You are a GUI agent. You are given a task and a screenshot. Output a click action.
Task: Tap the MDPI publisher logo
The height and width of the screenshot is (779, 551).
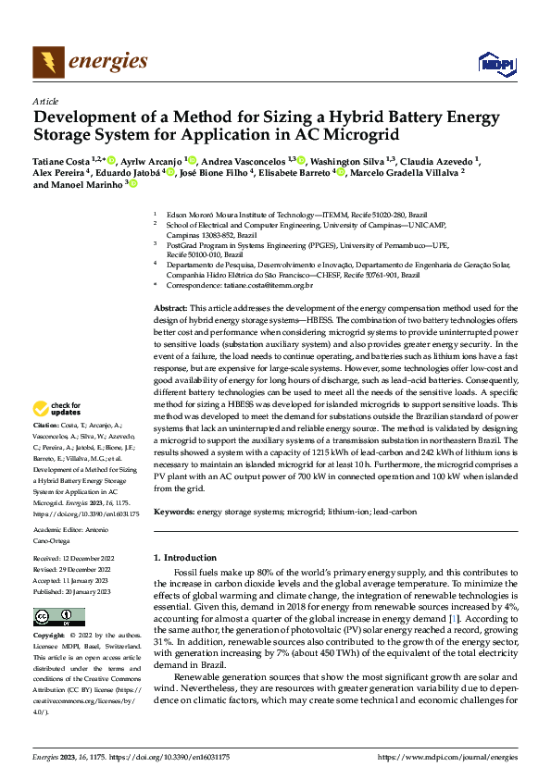495,63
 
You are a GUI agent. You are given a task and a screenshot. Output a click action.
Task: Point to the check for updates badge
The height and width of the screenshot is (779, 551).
57,409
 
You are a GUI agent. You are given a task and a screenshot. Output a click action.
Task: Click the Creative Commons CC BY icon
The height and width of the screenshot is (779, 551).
60,616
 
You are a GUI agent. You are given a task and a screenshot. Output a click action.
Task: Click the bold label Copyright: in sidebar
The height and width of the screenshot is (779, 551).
50,637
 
